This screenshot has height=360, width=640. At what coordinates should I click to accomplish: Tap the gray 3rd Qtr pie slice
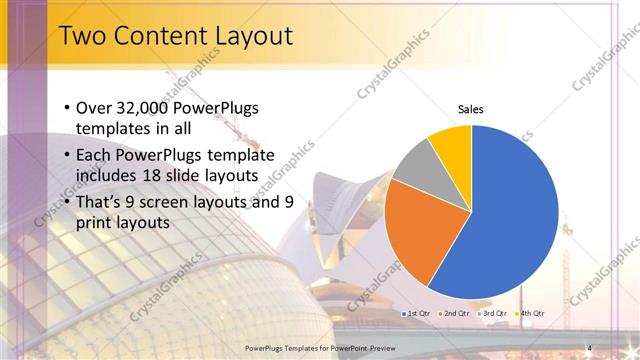click(415, 165)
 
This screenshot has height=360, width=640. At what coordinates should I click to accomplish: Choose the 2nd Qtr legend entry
click(455, 314)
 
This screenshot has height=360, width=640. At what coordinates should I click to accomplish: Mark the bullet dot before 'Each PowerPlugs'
click(66, 155)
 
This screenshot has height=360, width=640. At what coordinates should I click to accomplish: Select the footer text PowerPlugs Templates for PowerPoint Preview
click(320, 346)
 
